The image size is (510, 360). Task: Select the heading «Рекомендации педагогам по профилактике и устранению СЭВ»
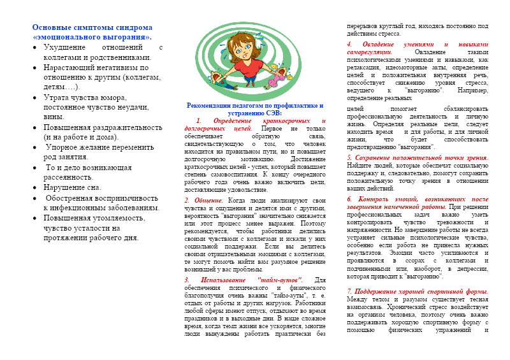[255, 108]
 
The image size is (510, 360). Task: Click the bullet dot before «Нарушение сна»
[35, 188]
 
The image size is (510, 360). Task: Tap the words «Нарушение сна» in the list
[71, 188]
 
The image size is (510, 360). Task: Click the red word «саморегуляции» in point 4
[369, 52]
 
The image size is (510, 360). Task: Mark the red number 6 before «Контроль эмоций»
[349, 199]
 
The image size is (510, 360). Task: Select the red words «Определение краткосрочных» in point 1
[254, 120]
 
